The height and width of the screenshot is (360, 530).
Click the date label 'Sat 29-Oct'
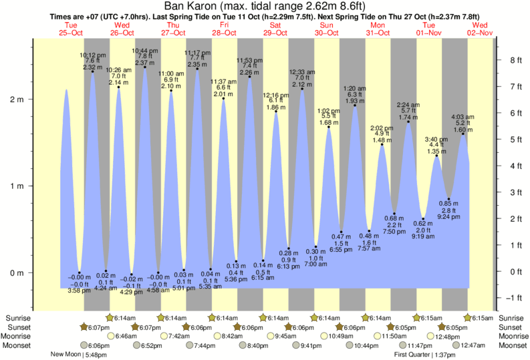pos(276,29)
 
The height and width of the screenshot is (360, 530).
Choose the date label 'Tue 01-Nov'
pos(430,29)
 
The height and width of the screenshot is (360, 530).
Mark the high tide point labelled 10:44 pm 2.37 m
pos(145,67)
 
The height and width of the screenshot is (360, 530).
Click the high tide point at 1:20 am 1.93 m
pos(355,105)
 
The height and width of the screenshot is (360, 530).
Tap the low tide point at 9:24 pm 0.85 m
pos(449,199)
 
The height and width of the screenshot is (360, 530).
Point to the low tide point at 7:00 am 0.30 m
pos(316,246)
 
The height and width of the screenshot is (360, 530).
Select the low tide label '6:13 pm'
pos(289,266)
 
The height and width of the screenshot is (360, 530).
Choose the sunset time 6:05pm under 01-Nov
pos(456,327)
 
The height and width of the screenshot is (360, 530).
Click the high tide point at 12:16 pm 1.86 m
pos(276,112)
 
